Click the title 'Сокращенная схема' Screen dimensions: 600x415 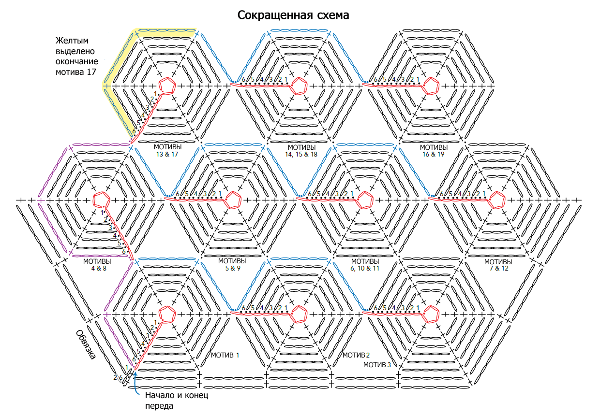(x=293, y=15)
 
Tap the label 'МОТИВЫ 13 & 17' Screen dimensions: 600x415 (x=167, y=151)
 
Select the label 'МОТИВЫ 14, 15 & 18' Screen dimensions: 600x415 (x=301, y=151)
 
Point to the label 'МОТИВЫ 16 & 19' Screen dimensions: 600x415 (x=434, y=151)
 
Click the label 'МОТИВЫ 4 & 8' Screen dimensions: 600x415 (x=97, y=265)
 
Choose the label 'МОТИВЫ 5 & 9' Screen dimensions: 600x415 (x=232, y=264)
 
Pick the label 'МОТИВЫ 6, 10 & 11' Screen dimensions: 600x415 (x=365, y=265)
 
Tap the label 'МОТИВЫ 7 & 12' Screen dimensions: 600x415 (x=498, y=265)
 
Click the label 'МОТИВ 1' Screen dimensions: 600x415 (x=225, y=355)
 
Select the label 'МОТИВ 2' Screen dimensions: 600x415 (x=356, y=355)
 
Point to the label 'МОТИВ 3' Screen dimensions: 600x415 (x=377, y=365)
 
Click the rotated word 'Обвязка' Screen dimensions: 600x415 (x=86, y=344)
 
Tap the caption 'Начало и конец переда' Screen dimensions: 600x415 (x=177, y=401)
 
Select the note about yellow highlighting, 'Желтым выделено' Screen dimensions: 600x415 (x=75, y=46)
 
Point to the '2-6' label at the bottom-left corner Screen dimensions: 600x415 (x=118, y=378)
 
